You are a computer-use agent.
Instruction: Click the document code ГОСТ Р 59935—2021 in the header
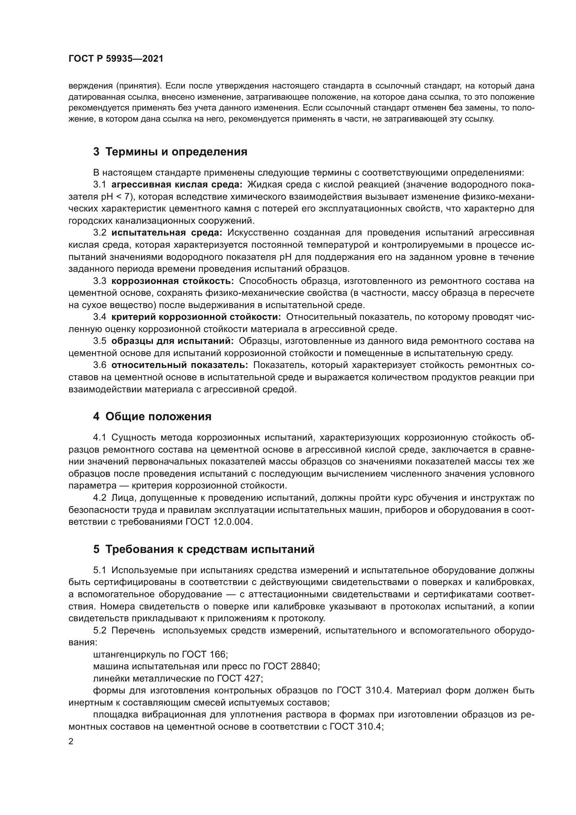(116, 59)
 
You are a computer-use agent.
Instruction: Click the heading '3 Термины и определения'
(170, 152)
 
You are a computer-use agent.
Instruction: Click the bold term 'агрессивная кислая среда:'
(177, 185)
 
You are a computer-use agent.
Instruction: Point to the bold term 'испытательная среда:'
(167, 233)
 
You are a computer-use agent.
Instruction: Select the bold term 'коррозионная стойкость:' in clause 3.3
(172, 281)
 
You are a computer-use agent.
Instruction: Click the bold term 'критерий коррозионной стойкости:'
(196, 317)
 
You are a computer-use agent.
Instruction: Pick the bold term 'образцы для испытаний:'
(172, 341)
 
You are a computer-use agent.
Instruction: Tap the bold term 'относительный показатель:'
(179, 365)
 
